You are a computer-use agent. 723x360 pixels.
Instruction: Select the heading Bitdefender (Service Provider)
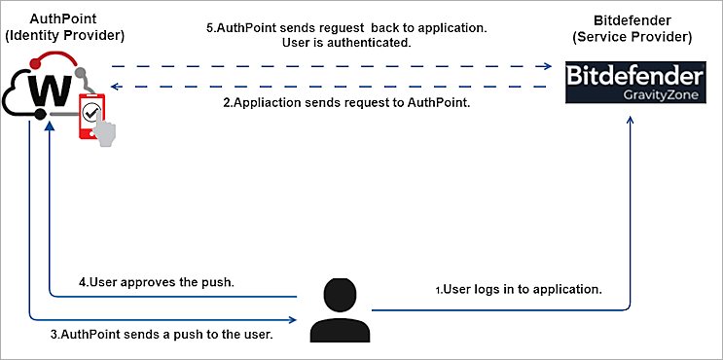(x=633, y=29)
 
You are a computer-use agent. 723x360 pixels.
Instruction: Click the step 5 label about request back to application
(x=346, y=27)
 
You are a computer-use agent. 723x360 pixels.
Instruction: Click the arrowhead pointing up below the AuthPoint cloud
(x=49, y=132)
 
